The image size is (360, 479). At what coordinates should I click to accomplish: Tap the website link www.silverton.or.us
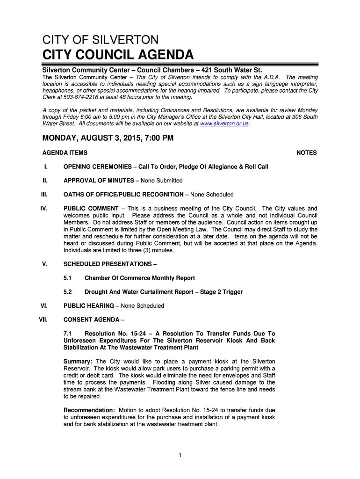click(x=224, y=124)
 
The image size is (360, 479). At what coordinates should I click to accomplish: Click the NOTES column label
click(x=307, y=153)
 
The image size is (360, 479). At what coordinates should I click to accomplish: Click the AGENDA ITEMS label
click(x=65, y=153)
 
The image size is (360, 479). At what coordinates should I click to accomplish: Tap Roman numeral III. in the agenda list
click(x=44, y=195)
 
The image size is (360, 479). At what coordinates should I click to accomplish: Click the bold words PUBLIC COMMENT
click(x=91, y=209)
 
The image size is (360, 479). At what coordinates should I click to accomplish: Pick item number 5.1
click(x=68, y=278)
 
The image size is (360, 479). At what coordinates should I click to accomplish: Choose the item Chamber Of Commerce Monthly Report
click(x=140, y=278)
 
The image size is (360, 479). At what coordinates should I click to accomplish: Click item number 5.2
click(x=68, y=292)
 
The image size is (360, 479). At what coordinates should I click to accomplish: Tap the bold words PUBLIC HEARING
click(x=88, y=306)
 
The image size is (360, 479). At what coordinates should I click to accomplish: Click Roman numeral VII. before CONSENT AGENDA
click(x=43, y=320)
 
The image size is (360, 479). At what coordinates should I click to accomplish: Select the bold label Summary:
click(x=78, y=362)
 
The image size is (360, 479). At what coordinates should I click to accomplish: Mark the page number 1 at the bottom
click(x=180, y=455)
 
